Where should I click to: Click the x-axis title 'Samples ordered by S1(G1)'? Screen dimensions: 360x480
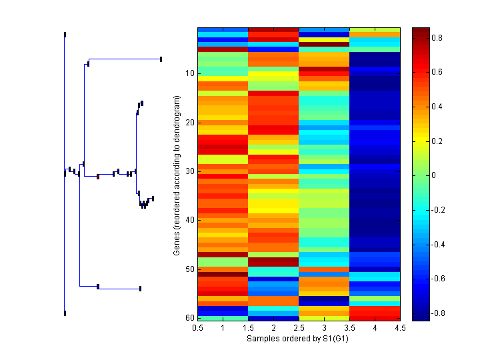coord(298,339)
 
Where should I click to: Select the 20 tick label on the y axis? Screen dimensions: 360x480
coord(189,123)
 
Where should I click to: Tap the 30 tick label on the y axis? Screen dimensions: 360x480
coord(189,171)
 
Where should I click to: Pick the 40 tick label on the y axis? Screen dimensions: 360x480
coord(189,220)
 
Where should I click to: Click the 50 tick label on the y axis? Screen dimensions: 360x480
coord(189,269)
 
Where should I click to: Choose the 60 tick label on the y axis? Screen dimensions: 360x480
coord(189,318)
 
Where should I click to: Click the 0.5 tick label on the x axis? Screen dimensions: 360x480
coord(197,328)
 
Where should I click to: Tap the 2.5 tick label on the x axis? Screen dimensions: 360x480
coord(299,328)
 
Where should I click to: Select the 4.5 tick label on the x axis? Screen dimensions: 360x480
coord(400,328)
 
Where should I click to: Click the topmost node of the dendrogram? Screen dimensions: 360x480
coord(65,34)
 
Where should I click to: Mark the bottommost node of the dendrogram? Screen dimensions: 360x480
coord(65,313)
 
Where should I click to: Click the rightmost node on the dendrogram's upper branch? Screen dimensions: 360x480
coord(161,59)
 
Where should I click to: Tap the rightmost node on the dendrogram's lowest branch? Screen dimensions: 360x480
coord(140,289)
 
